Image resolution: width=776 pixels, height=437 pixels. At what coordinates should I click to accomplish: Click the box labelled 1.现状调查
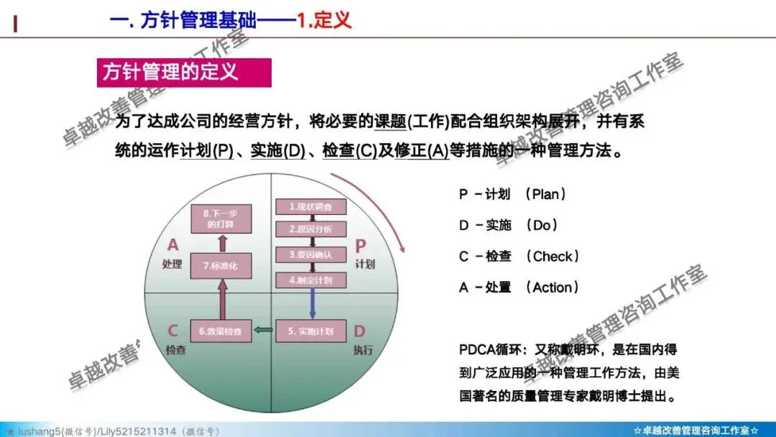coord(310,207)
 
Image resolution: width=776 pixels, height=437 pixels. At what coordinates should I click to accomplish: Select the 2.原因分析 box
coord(310,230)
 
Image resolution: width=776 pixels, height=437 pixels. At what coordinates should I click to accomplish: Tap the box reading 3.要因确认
coord(310,255)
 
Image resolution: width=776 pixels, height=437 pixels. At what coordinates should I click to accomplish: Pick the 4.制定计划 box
coord(310,280)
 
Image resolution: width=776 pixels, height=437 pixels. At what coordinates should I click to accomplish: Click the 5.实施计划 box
coord(310,331)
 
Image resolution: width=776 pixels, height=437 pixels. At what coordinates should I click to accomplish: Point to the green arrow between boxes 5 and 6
coord(264,331)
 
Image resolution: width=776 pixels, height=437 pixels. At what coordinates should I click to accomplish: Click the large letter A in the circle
coord(172,246)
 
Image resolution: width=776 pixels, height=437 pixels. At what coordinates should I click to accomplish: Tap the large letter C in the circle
coord(172,331)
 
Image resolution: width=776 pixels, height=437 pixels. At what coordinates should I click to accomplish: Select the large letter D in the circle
coord(359,331)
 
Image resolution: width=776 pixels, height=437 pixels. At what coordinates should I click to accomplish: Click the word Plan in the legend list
coord(545,194)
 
